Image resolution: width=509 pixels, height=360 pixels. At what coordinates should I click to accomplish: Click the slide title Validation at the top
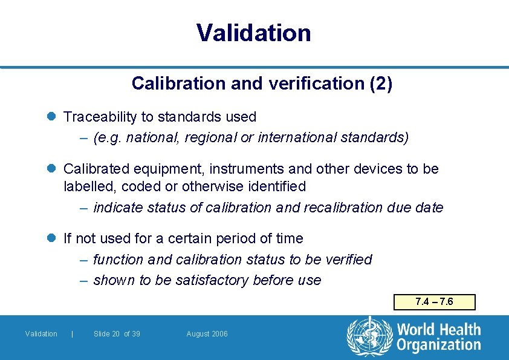point(254,33)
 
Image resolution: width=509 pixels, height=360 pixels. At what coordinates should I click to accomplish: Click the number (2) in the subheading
point(380,83)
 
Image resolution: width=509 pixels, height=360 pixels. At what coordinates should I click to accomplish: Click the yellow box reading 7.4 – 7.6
point(434,302)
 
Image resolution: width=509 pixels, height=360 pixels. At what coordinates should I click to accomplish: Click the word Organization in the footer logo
point(439,345)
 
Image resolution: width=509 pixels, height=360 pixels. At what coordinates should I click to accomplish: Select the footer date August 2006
point(207,334)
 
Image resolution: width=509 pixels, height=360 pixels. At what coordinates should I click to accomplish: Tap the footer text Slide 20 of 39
point(117,334)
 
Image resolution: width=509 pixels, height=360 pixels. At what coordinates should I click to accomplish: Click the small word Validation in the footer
point(41,334)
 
